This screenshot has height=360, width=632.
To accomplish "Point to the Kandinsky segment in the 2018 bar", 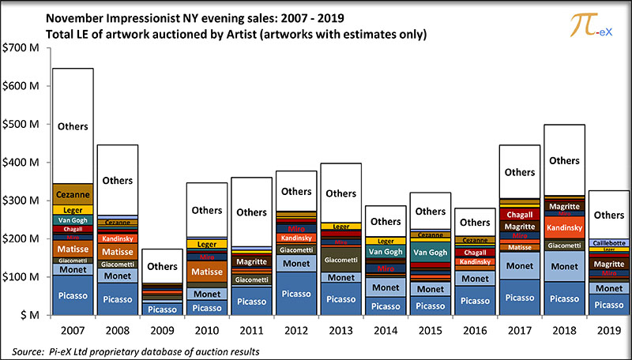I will click(x=564, y=227).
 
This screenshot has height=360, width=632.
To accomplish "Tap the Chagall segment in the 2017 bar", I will click(x=520, y=215).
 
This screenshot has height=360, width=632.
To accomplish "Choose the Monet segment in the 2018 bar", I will click(x=564, y=267).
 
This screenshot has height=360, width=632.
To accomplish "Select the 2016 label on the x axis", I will click(x=475, y=327).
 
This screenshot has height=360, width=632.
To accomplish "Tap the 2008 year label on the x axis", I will click(x=117, y=327).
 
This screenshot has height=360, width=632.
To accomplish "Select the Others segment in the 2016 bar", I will click(x=475, y=223).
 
